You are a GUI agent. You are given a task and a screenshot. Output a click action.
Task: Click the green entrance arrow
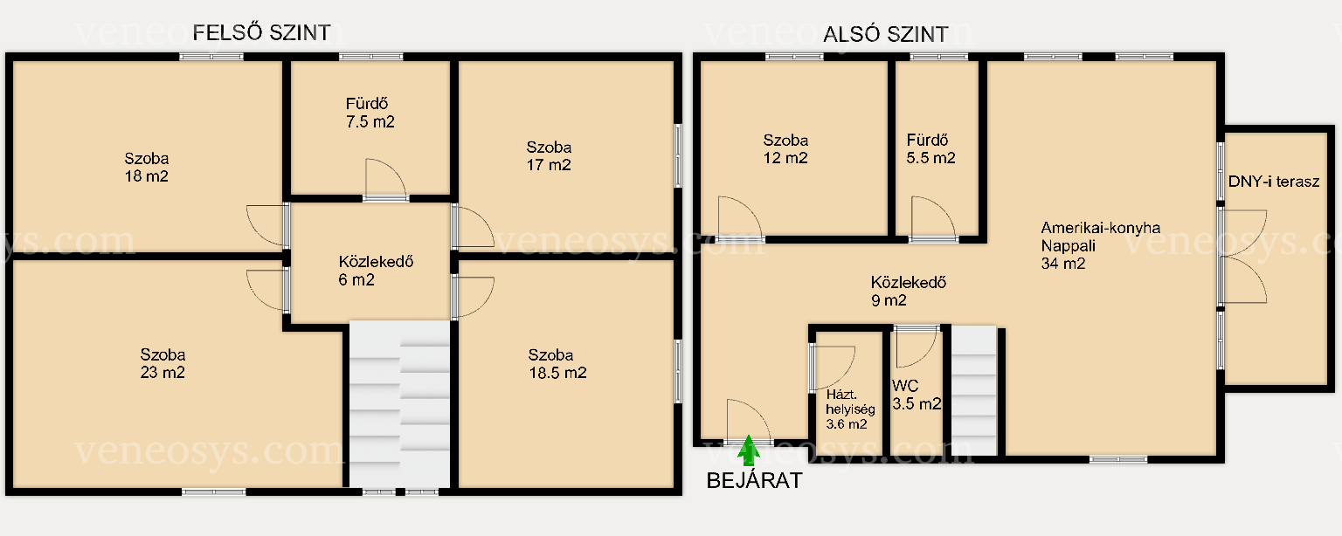coord(748,450)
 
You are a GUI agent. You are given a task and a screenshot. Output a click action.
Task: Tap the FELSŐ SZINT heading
coord(261,32)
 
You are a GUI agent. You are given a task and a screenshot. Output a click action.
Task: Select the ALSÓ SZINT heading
coord(885,34)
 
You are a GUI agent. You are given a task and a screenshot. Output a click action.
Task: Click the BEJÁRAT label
coord(754,480)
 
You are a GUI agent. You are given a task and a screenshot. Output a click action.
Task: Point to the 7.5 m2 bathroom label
coord(370,113)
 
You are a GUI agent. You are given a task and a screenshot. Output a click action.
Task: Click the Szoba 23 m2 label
coord(163,363)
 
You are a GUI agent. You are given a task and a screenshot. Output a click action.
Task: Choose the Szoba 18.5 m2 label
coord(557,363)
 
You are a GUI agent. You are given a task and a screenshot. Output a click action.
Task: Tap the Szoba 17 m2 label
coord(549,155)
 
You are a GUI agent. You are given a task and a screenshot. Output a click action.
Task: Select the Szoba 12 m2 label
coord(785,148)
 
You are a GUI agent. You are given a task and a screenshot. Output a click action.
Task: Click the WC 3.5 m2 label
coord(916,395)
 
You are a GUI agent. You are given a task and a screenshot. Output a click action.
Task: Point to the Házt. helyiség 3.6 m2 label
coord(850,409)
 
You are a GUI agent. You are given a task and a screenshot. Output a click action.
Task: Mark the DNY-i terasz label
coord(1274,182)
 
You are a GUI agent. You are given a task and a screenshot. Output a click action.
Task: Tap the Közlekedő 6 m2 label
coord(376,271)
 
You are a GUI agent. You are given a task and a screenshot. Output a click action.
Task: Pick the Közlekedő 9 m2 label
coord(909,291)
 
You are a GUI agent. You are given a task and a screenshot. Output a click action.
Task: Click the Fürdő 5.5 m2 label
coord(930,148)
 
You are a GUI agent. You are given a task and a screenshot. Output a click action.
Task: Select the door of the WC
coord(916,347)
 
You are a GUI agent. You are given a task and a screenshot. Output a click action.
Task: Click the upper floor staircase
coord(399,404)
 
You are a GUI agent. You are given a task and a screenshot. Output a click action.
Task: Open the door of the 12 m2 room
coord(741,218)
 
